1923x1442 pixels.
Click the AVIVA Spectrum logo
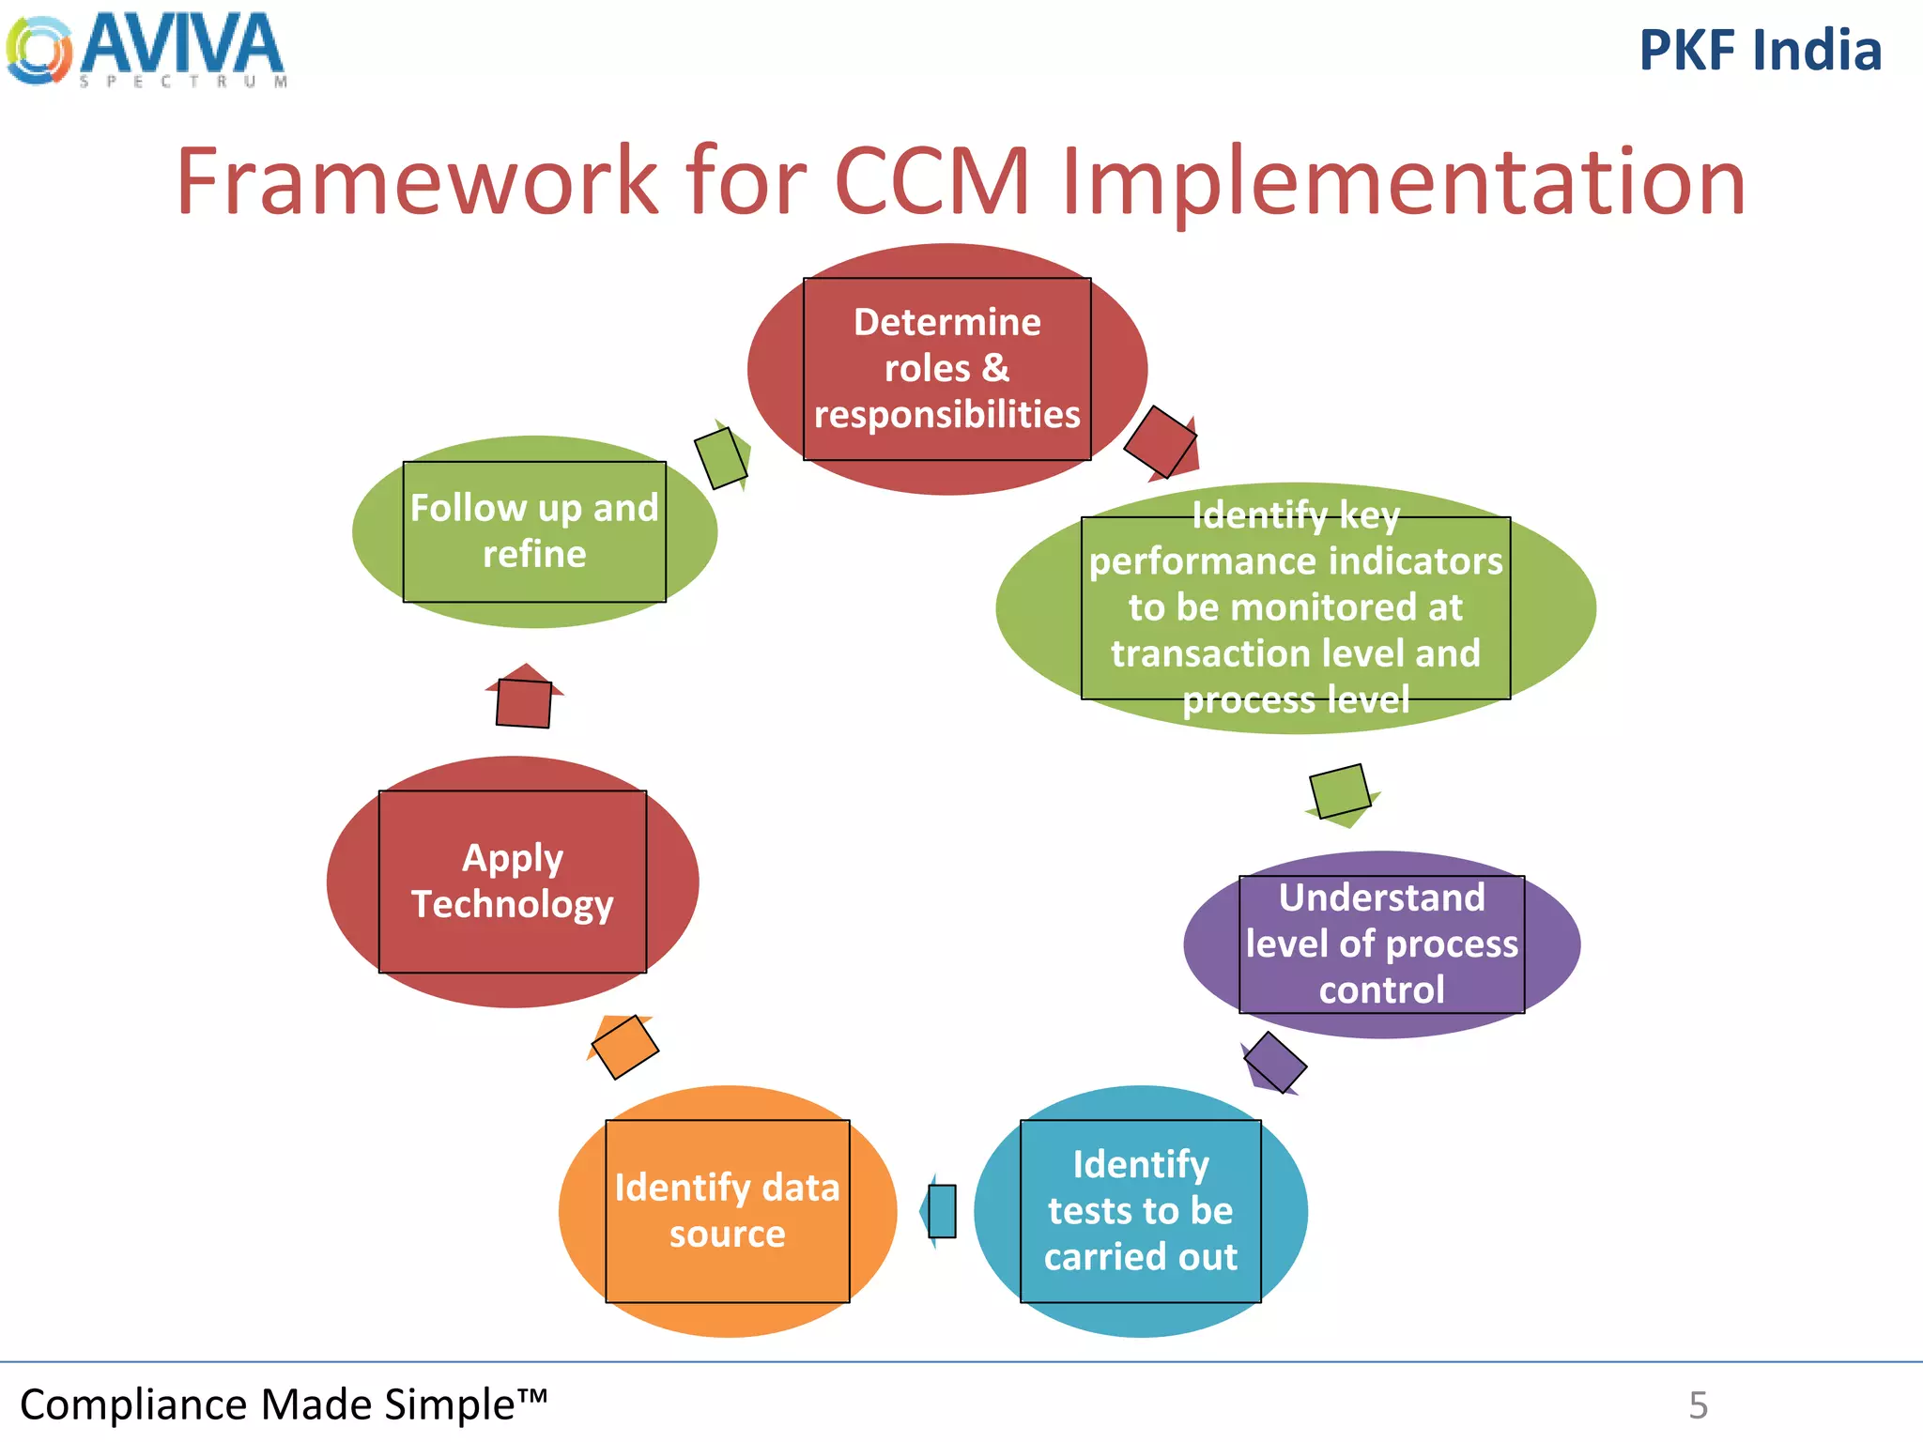146,49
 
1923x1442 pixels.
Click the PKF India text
1760,51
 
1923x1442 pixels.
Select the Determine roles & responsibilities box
946,369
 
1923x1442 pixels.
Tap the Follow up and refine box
534,531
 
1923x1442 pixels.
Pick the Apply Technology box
513,882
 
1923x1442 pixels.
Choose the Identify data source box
728,1211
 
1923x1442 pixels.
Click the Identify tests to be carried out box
1140,1211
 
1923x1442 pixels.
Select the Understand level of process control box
1381,944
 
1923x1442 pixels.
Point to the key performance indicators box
1296,608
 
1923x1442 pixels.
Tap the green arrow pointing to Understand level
1341,793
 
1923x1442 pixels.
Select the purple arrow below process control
1273,1064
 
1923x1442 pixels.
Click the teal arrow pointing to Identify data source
939,1211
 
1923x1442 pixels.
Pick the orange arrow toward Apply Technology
623,1046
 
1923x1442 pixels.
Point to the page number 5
1698,1405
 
